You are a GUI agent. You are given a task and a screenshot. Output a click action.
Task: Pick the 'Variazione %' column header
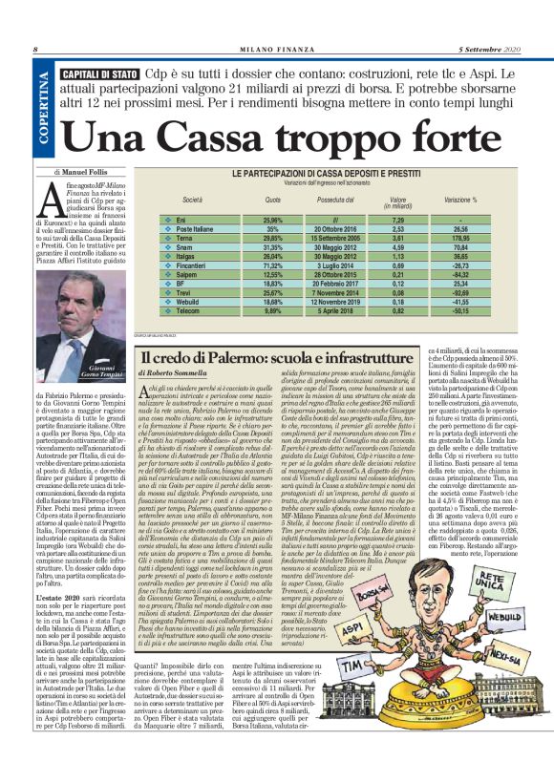(x=460, y=201)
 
